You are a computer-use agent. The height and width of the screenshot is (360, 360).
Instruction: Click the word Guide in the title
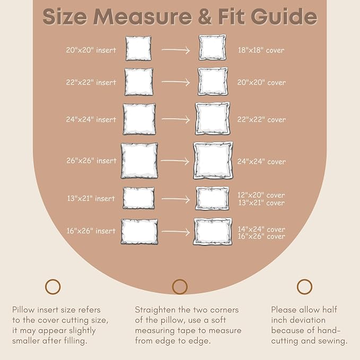(284, 16)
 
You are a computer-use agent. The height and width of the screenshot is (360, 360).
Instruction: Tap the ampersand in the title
(204, 17)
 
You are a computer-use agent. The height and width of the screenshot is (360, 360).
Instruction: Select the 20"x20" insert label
(91, 50)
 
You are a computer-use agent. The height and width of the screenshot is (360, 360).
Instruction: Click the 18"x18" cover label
(261, 50)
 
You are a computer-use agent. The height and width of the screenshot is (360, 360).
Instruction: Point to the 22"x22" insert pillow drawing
(139, 82)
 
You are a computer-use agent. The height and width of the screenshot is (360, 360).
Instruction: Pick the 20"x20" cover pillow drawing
(213, 82)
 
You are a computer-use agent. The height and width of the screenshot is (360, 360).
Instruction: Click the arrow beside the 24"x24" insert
(175, 119)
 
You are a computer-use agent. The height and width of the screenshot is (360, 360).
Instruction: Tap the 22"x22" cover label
(261, 119)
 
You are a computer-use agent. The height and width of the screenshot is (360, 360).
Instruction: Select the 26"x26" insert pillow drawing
(139, 161)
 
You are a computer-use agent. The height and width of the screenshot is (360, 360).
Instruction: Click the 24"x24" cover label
(261, 161)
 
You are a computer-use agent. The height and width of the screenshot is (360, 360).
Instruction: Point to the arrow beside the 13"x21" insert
(175, 199)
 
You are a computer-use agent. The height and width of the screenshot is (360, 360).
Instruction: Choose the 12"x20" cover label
(261, 195)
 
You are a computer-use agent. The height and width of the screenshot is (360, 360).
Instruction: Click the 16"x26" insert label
(91, 231)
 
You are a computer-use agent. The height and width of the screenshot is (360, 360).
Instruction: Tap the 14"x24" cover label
(261, 229)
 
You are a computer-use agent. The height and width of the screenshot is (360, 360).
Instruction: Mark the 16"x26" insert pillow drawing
(139, 231)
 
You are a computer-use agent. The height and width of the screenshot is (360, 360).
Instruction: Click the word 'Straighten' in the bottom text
(155, 310)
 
